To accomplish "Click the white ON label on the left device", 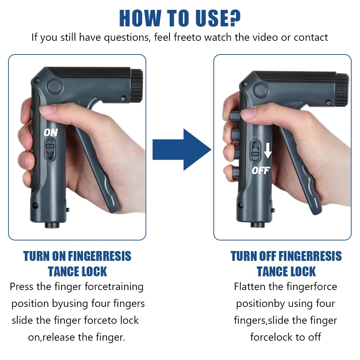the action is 51,132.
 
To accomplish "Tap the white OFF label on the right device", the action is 261,171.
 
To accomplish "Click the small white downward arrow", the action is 268,150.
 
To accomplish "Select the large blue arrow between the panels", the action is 182,149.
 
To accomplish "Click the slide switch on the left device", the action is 50,149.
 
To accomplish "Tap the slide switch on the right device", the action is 255,151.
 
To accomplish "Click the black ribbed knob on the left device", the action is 137,85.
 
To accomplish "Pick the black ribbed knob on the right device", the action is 342,90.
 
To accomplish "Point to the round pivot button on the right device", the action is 261,90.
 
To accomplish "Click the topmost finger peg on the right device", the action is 235,116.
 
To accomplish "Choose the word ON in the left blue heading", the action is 59,256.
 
